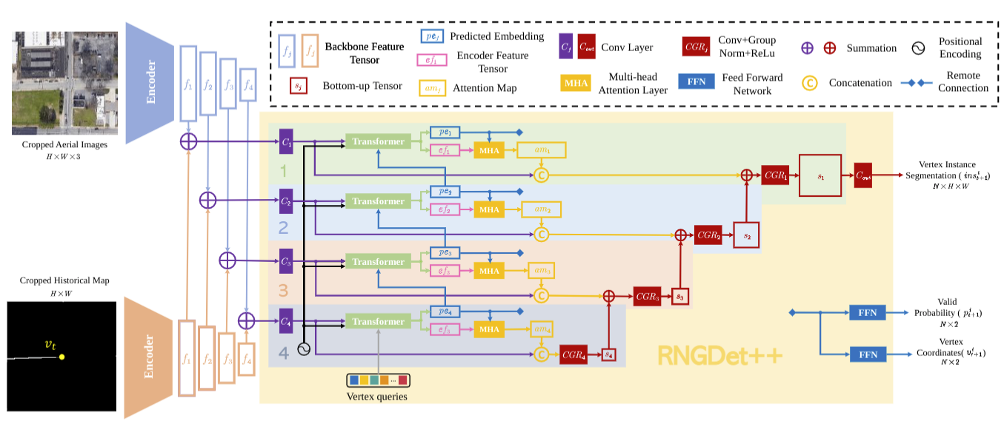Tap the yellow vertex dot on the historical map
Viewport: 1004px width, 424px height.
click(62, 357)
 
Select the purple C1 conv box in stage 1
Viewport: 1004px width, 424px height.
click(286, 141)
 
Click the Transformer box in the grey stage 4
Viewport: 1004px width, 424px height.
click(378, 322)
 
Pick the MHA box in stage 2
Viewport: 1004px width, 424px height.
click(489, 209)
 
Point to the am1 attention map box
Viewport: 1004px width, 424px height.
click(548, 150)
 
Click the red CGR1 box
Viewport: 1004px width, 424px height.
click(776, 175)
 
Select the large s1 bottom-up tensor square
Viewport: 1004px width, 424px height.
click(820, 175)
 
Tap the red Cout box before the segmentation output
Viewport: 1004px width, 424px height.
click(863, 175)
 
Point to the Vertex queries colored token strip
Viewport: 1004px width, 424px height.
click(378, 380)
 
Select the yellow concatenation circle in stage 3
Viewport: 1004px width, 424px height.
click(541, 295)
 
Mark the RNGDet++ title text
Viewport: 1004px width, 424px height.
click(719, 356)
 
